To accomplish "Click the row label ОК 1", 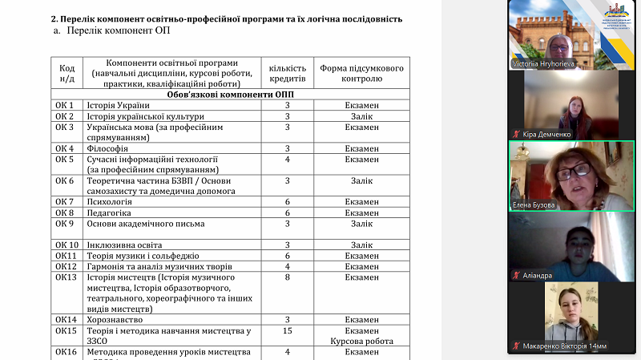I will point(65,106).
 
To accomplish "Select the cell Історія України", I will point(119,106).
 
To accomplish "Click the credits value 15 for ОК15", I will point(286,330).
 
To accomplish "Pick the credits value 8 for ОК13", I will point(286,277).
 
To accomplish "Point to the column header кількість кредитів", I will point(287,74).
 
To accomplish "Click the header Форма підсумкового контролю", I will point(361,74).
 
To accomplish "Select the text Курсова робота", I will point(361,341).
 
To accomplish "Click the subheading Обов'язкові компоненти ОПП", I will point(230,95).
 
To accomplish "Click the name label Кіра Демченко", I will point(549,134).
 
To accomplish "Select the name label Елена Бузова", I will point(534,204).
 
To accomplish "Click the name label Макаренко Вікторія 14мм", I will point(566,346).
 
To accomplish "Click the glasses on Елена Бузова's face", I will point(574,171).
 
